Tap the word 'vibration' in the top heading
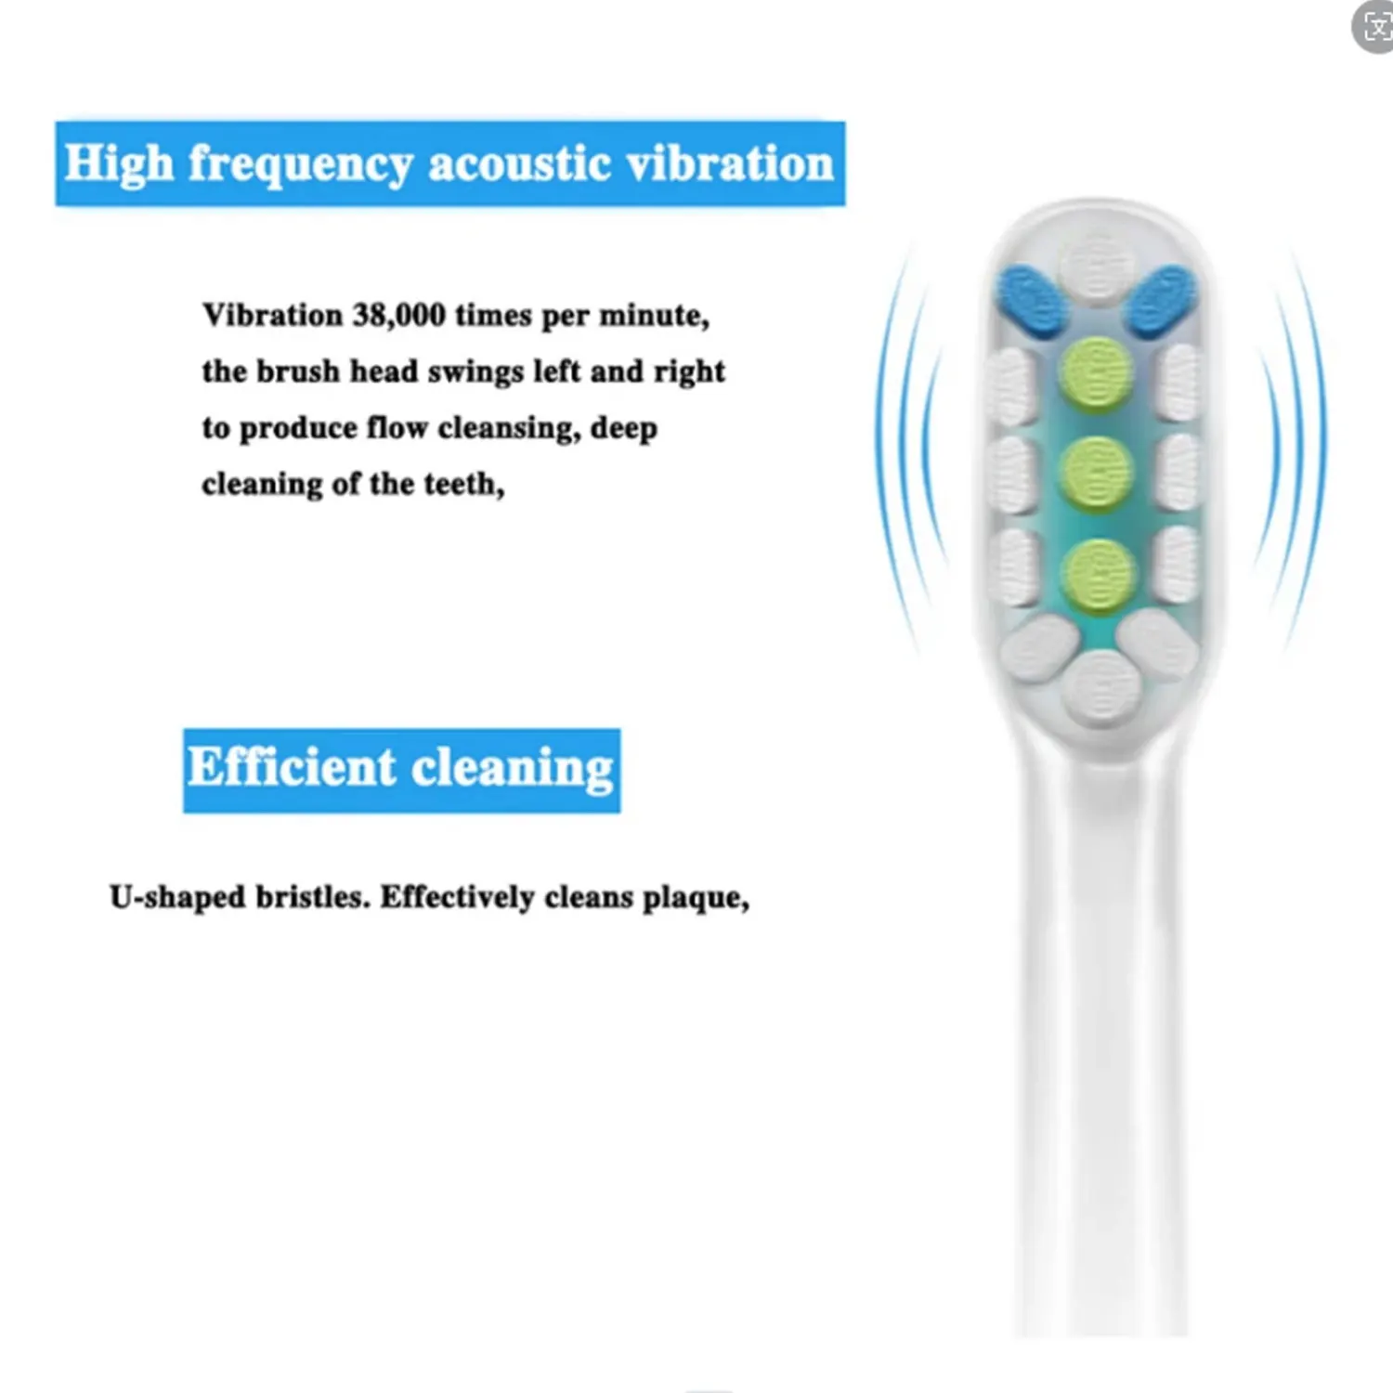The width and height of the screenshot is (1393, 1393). pos(730,164)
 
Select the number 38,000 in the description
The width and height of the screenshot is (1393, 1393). pos(398,316)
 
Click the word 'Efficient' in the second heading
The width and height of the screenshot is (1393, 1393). pos(292,768)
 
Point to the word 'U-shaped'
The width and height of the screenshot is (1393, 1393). pos(177,897)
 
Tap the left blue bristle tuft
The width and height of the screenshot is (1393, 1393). pos(1033,299)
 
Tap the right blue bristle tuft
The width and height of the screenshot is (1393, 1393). pos(1161,299)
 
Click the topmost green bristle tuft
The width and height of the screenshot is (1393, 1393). pos(1097,372)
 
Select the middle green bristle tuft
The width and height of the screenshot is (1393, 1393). pos(1097,472)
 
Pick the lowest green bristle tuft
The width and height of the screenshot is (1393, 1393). pos(1098,573)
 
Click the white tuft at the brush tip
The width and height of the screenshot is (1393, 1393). pos(1097,268)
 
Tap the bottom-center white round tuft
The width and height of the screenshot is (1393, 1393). pos(1101,687)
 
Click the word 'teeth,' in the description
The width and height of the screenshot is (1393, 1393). pos(463,485)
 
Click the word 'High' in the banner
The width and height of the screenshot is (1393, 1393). pos(119,164)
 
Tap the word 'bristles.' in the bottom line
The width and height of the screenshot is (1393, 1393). pos(313,897)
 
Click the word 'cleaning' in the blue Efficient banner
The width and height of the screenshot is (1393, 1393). pos(512,770)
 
